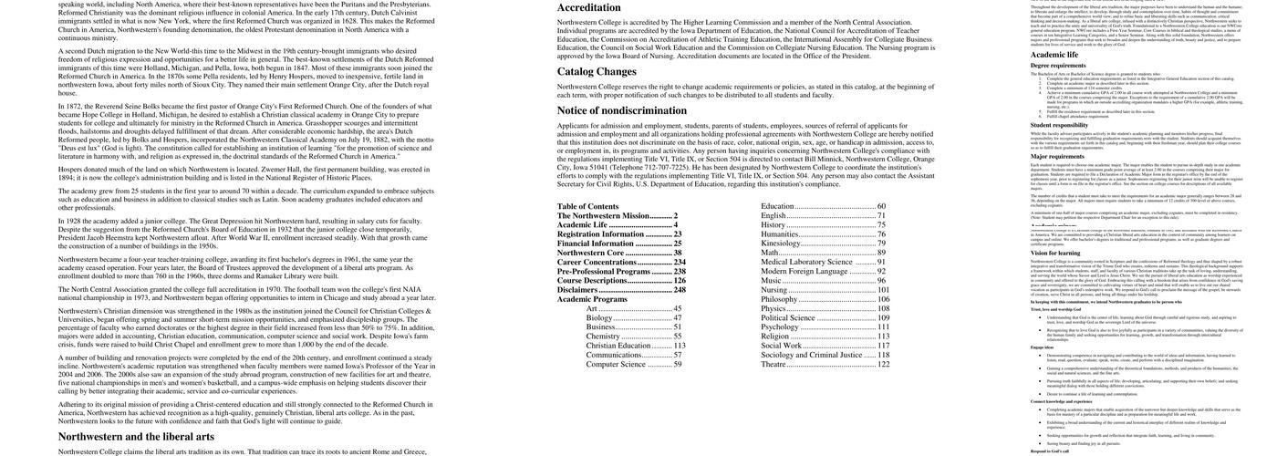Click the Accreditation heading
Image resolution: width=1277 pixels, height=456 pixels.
[x=589, y=8]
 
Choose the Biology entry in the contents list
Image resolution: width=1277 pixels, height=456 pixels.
[x=599, y=318]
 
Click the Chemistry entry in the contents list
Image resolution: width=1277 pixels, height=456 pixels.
[x=604, y=336]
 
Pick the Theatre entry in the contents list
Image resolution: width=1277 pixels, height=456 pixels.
[x=773, y=364]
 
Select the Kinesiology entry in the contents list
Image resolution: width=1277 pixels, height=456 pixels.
[x=781, y=244]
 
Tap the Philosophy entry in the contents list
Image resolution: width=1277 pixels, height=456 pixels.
[x=780, y=299]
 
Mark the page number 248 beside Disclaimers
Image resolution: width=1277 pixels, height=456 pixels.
[x=680, y=290]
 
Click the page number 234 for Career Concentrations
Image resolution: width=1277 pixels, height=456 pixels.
[x=680, y=262]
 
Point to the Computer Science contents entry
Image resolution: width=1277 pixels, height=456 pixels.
[x=616, y=364]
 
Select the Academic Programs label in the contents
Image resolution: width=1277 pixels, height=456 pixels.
[x=592, y=299]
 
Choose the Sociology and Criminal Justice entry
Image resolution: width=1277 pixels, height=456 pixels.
[x=812, y=355]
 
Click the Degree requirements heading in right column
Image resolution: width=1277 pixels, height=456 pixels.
[x=1058, y=66]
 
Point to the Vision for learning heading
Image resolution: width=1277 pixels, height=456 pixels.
[x=1055, y=253]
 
